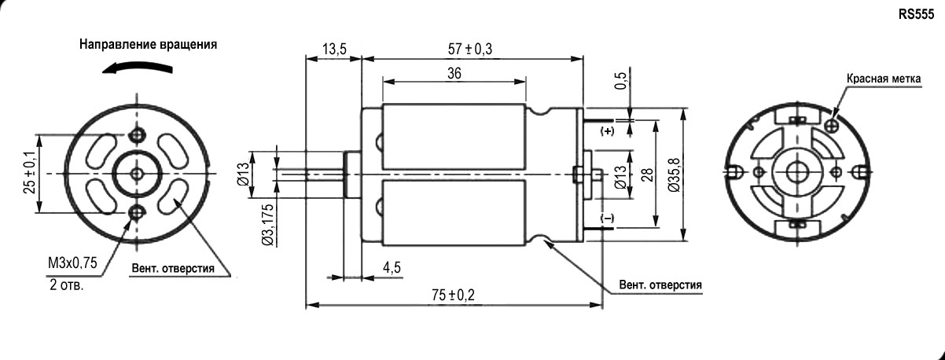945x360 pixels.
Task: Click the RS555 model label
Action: click(917, 13)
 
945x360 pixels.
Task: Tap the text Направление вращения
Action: click(148, 45)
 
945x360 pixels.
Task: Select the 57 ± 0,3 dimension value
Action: click(468, 50)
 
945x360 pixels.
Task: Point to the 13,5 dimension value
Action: click(334, 50)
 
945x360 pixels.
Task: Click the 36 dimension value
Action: click(454, 72)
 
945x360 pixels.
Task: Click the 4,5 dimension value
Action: click(392, 267)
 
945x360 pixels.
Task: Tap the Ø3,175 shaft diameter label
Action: click(268, 226)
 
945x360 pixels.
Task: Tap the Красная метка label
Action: click(883, 79)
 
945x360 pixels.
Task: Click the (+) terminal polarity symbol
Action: click(607, 130)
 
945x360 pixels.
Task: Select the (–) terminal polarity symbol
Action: click(607, 217)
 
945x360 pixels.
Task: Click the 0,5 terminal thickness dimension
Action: click(621, 82)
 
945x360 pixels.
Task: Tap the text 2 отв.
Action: click(66, 285)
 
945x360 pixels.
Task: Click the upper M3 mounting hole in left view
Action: click(139, 135)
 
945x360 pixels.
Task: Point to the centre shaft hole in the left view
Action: click(138, 173)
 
